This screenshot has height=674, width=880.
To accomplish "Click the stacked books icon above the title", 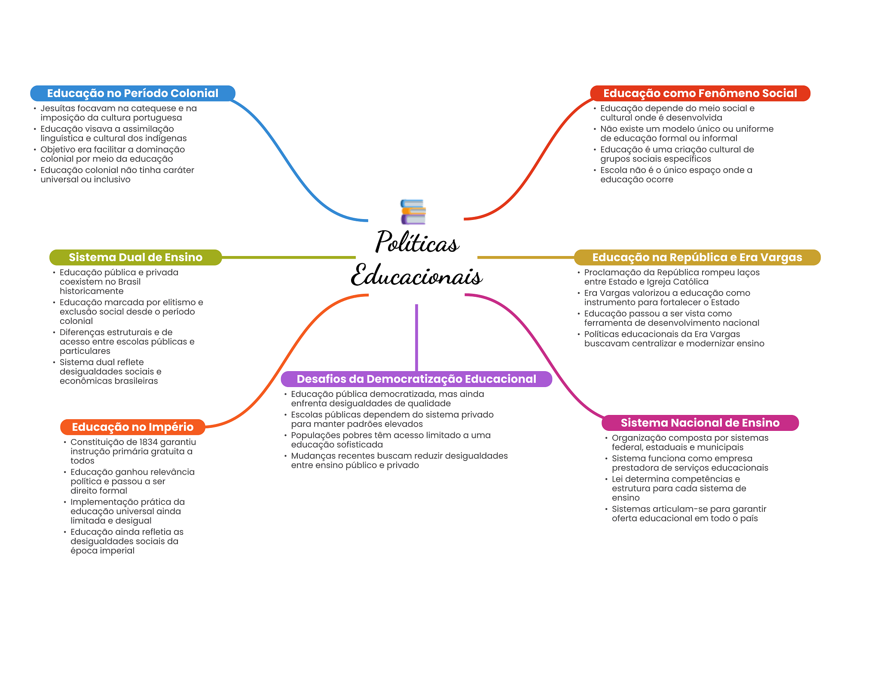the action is [x=413, y=212].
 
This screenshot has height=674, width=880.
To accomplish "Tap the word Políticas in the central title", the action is [x=417, y=242].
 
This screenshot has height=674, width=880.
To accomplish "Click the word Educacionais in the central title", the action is [x=416, y=275].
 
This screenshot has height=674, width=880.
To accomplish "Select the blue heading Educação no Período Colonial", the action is [x=132, y=93].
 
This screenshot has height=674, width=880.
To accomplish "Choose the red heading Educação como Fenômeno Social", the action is [x=700, y=93].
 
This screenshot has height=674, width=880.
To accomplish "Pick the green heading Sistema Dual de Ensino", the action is [x=135, y=257].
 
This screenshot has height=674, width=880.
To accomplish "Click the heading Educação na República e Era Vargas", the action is [x=697, y=257].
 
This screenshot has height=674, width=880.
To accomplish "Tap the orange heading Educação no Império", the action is [x=132, y=427].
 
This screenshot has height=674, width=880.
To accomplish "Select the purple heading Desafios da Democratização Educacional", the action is [x=416, y=379].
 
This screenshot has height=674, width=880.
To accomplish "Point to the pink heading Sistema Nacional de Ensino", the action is [x=700, y=423].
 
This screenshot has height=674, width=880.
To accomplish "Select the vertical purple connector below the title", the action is [x=416, y=337].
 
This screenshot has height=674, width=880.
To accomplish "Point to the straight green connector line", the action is [x=288, y=257].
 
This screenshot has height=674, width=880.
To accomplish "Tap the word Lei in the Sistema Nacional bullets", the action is [x=617, y=479].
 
